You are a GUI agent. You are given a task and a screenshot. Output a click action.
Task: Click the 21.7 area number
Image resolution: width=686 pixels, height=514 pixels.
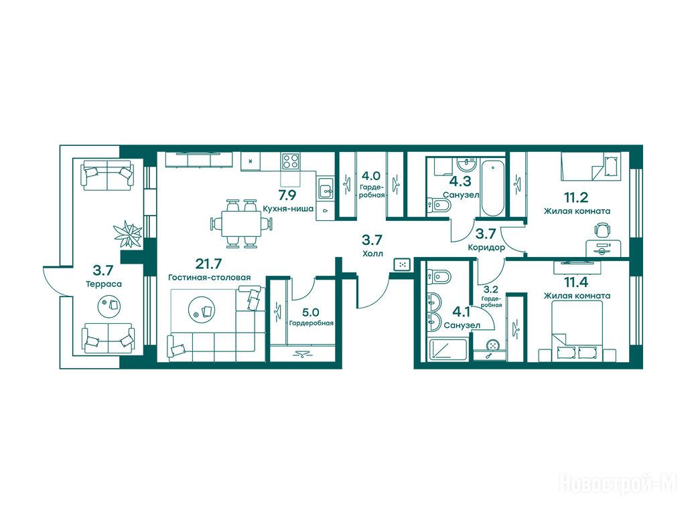coord(209,264)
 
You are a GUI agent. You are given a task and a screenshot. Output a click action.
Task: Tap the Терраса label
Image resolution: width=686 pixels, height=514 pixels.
coord(104,284)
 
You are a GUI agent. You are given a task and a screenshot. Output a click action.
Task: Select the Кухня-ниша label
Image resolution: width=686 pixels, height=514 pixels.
coord(288,209)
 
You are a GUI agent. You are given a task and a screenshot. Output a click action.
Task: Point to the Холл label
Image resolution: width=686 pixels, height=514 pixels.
coord(372,253)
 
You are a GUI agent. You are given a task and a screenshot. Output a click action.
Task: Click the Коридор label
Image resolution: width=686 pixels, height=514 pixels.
coord(486,248)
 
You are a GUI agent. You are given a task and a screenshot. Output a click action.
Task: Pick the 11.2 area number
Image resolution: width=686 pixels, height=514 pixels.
coord(575,198)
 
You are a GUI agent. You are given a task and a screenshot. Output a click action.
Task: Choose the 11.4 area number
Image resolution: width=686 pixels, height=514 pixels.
coord(575,282)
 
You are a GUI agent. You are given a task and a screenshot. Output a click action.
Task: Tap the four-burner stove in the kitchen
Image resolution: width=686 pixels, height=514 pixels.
coord(291,161)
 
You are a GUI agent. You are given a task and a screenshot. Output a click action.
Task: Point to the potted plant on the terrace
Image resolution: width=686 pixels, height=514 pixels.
coord(127,232)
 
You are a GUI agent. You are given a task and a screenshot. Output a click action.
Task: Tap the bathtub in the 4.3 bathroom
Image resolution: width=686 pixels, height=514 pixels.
coord(492,187)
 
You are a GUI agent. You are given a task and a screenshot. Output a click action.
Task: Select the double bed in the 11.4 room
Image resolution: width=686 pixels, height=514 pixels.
coord(577,332)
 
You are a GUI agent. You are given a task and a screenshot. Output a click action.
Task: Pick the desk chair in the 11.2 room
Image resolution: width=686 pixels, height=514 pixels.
coord(602,230)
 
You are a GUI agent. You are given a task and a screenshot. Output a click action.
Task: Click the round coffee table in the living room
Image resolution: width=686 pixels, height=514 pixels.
coord(202,309)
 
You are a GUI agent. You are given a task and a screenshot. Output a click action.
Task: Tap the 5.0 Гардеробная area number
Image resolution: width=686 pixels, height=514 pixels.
coord(310,312)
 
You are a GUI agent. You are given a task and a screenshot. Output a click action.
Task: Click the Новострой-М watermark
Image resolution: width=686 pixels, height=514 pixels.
coord(618,484)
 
